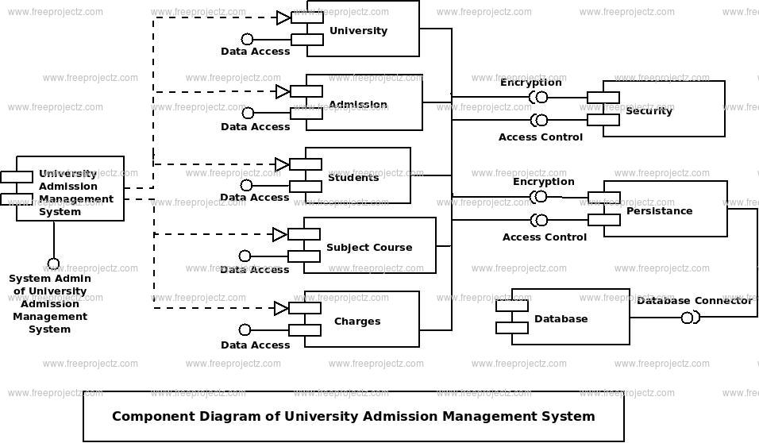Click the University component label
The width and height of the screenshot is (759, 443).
pyautogui.click(x=358, y=30)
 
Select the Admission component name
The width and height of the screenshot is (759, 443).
pyautogui.click(x=358, y=104)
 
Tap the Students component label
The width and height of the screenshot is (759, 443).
pyautogui.click(x=353, y=178)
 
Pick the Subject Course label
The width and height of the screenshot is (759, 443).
pyautogui.click(x=369, y=248)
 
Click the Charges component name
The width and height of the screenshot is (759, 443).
pyautogui.click(x=357, y=321)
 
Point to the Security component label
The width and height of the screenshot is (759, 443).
pyautogui.click(x=649, y=111)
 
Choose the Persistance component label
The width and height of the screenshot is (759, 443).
pyautogui.click(x=659, y=210)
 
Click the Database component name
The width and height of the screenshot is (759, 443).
pyautogui.click(x=561, y=318)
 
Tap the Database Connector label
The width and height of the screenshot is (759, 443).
pyautogui.click(x=695, y=301)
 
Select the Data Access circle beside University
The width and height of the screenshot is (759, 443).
pyautogui.click(x=248, y=39)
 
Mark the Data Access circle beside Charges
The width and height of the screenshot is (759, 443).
pyautogui.click(x=245, y=329)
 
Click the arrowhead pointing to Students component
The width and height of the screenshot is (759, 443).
pyautogui.click(x=282, y=164)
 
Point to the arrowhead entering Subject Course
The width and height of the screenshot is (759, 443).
pyautogui.click(x=279, y=235)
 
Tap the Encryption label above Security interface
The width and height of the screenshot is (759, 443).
pyautogui.click(x=531, y=83)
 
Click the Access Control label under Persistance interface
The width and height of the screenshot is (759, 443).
pyautogui.click(x=545, y=237)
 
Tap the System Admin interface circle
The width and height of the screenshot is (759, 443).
pyautogui.click(x=53, y=264)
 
